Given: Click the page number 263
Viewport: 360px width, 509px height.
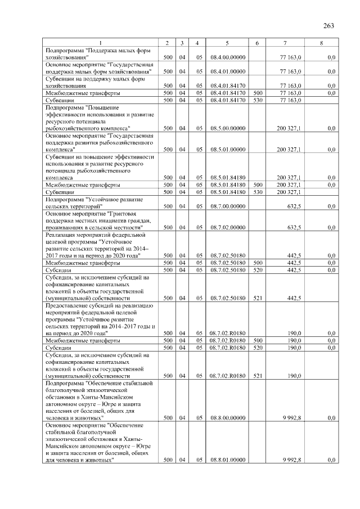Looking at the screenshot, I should click(x=329, y=25).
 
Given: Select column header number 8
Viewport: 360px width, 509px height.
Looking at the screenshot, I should click(x=321, y=43).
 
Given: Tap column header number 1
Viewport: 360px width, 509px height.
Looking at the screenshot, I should click(x=101, y=43).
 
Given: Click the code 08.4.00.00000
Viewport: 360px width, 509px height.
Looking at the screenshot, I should click(x=227, y=57).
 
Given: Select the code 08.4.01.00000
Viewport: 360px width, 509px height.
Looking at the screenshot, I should click(x=227, y=71).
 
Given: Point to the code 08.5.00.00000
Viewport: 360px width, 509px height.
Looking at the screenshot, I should click(x=227, y=128).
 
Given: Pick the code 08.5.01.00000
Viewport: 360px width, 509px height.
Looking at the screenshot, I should click(x=227, y=150).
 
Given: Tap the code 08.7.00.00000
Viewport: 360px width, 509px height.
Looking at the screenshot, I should click(x=227, y=206).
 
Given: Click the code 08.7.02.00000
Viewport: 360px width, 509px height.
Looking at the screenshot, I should click(x=227, y=227).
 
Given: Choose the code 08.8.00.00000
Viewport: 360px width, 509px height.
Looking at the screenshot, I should click(x=227, y=418).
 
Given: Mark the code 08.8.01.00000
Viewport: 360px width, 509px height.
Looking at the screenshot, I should click(x=227, y=460).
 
